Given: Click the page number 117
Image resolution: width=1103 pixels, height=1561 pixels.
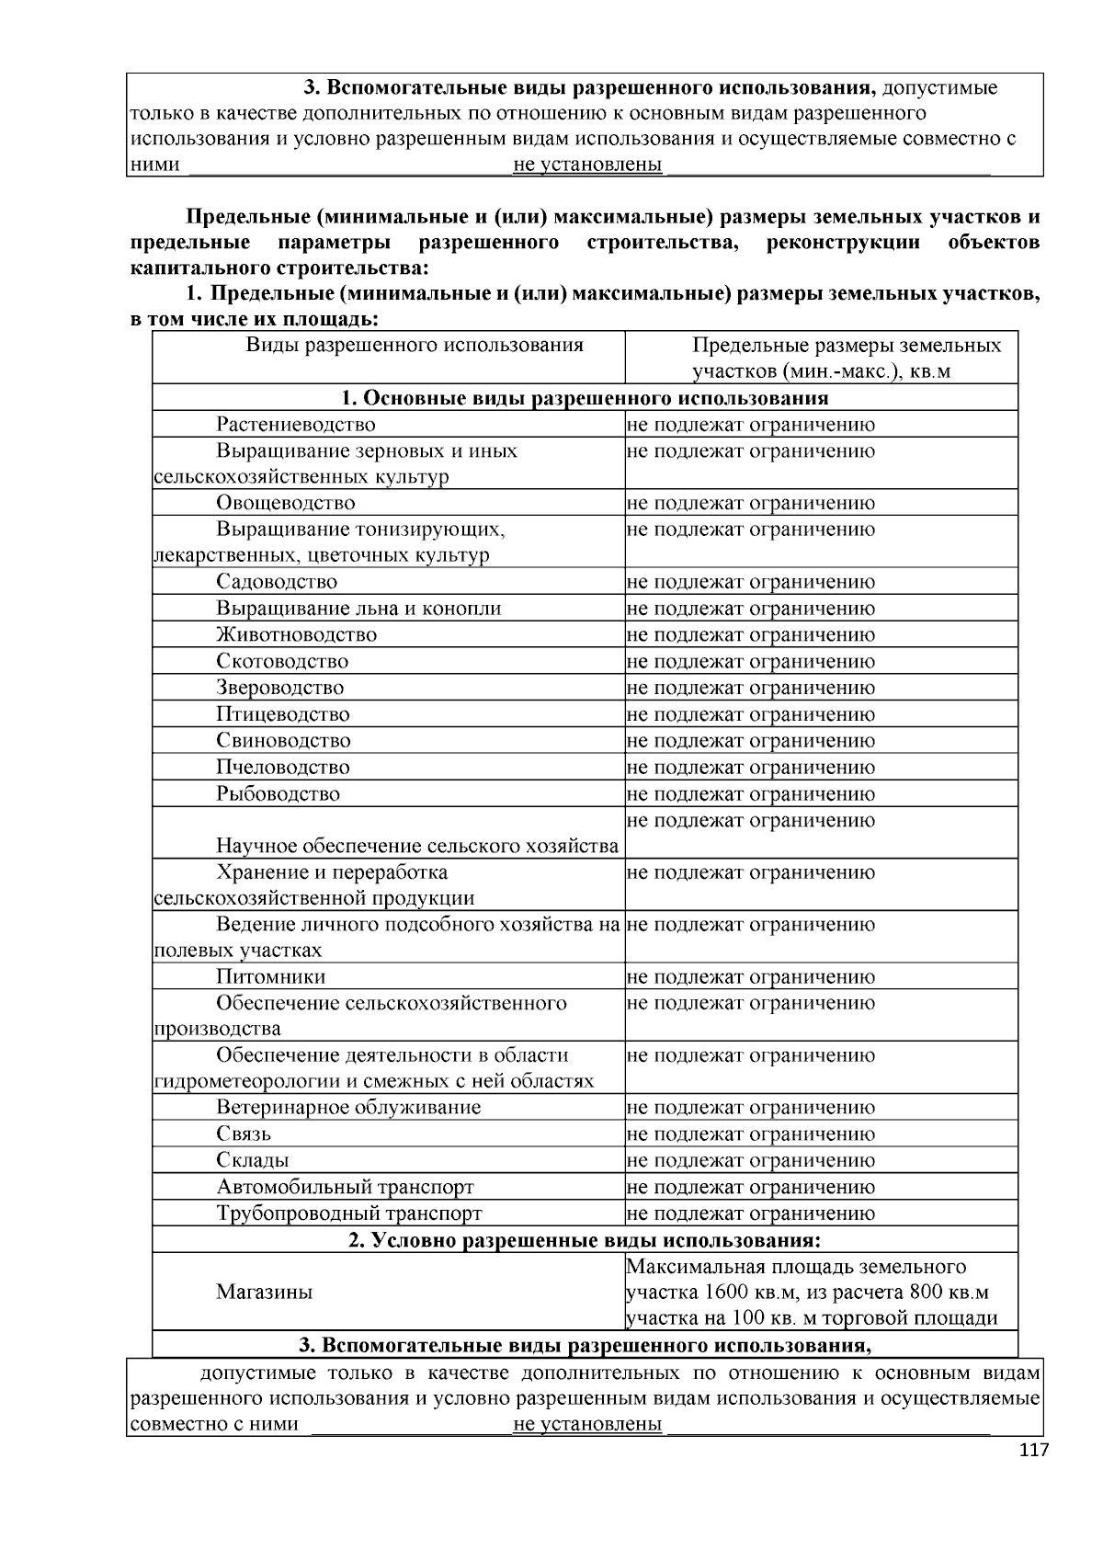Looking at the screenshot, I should click(x=1033, y=1451).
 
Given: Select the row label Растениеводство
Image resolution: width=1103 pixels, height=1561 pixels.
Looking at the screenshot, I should click(x=296, y=425).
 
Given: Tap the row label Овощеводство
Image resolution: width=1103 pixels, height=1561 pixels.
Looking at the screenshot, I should click(x=286, y=503).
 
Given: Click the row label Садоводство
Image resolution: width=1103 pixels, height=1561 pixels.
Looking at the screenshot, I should click(x=277, y=582).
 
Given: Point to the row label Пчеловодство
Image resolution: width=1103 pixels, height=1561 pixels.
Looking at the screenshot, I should click(x=283, y=767).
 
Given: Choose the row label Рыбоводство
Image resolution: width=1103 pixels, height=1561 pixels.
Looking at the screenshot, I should click(x=278, y=793).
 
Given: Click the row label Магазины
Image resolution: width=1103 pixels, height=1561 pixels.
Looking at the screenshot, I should click(x=264, y=1292).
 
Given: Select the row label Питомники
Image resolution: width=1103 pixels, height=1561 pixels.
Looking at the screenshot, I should click(x=270, y=976).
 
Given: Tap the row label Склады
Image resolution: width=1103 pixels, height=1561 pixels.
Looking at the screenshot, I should click(x=253, y=1160).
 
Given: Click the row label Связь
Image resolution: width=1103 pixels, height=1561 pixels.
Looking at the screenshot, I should click(x=244, y=1134).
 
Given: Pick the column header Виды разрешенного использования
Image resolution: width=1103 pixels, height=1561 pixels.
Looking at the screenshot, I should click(x=415, y=346).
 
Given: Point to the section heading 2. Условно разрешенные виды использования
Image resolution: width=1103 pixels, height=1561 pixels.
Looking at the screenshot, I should click(x=585, y=1240).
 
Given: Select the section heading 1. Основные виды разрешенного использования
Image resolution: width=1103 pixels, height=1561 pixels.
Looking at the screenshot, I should click(x=585, y=398).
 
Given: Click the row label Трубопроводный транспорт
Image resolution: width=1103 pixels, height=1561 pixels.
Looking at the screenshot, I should click(x=349, y=1213).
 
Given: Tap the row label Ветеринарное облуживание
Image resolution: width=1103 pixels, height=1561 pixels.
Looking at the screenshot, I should click(x=348, y=1107).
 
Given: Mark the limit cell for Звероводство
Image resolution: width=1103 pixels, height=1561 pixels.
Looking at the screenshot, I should click(x=751, y=688).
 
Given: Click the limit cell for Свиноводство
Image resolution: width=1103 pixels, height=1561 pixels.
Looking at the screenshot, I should click(x=751, y=741).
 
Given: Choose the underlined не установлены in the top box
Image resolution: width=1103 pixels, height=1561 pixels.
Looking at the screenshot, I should click(x=587, y=165).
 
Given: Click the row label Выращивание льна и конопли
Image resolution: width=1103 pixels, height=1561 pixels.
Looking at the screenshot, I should click(x=358, y=609).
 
